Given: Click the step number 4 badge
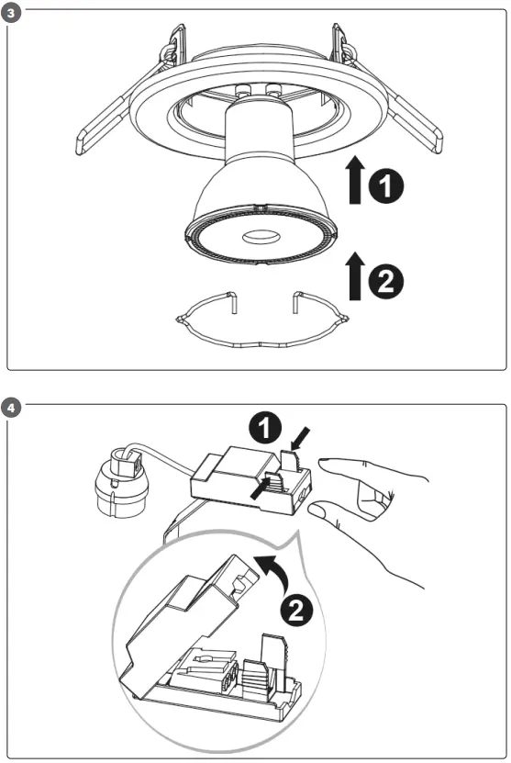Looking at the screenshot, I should click(x=10, y=404).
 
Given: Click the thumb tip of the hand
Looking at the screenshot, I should click(x=317, y=509).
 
